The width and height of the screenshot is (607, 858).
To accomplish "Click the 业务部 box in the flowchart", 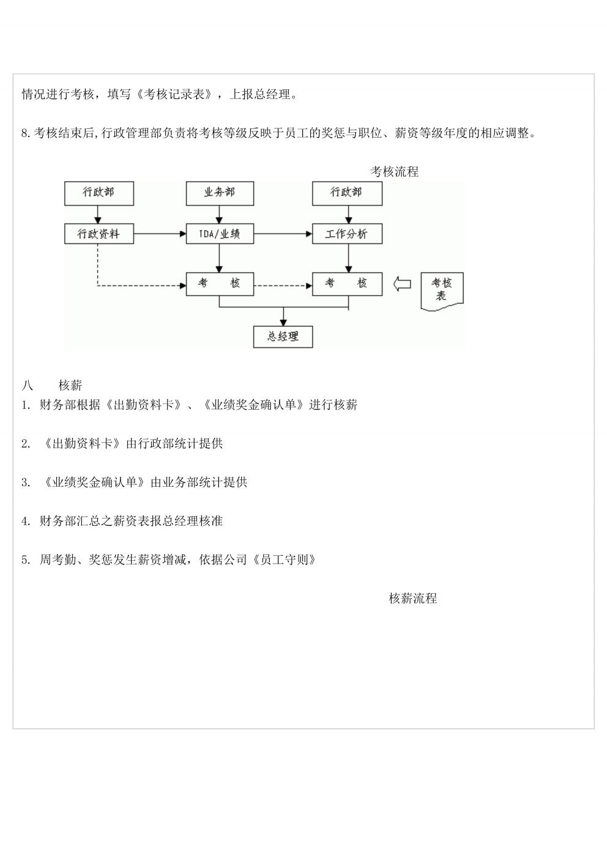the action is (220, 193).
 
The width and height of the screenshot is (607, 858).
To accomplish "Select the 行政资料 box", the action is (99, 234).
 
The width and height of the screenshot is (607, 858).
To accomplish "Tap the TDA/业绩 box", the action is (220, 234).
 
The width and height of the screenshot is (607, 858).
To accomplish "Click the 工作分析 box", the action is (347, 234).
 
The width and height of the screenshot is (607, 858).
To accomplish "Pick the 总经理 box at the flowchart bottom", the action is (283, 337).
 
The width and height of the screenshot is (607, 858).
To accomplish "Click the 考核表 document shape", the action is (442, 291).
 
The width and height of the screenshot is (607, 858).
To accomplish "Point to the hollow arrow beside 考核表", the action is (402, 284).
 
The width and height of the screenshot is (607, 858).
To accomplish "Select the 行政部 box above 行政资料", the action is (99, 193).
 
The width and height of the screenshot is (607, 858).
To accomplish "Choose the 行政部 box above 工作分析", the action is (347, 193).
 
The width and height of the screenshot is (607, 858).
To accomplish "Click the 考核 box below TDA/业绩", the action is (220, 284).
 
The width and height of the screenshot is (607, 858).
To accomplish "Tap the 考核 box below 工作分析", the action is (347, 284).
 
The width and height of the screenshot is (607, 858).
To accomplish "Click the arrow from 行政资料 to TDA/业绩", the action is (160, 234).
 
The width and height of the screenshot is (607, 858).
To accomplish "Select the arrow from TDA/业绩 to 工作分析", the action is (283, 234).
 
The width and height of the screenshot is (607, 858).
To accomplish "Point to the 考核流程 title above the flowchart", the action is (394, 171).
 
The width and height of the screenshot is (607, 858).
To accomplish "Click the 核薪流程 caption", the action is (412, 598).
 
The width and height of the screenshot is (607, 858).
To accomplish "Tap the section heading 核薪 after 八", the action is (70, 385).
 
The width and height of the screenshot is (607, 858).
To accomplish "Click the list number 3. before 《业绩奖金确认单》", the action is (26, 483).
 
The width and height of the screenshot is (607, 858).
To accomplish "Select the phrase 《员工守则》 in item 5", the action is (283, 560).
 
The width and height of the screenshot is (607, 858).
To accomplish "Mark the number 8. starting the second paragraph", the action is (26, 133).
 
